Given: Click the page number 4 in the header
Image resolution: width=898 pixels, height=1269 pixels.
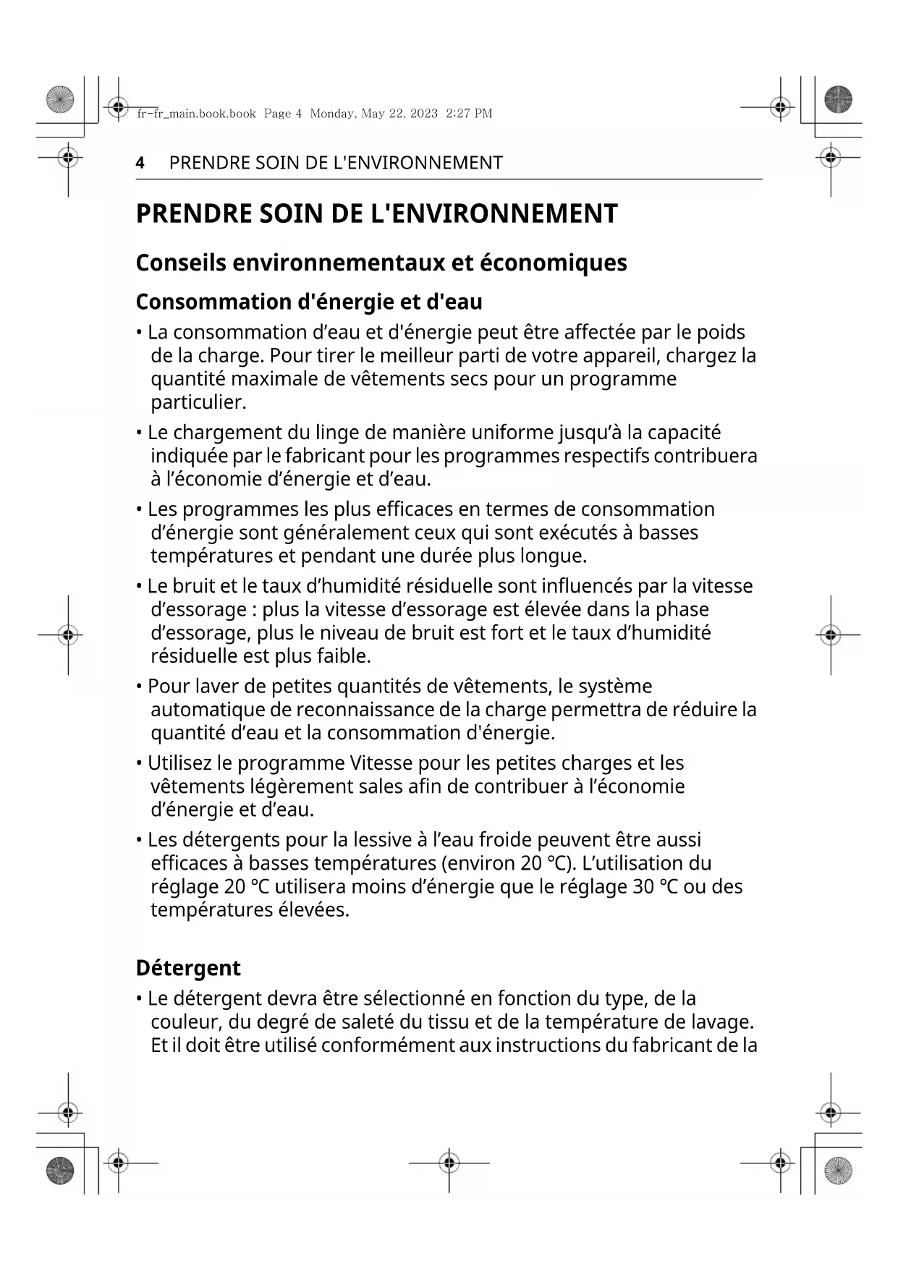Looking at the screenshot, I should (x=140, y=163).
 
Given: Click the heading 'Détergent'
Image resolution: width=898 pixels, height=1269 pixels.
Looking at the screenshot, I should (x=188, y=968).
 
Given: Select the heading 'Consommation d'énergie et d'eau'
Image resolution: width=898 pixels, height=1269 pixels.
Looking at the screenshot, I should (x=309, y=302).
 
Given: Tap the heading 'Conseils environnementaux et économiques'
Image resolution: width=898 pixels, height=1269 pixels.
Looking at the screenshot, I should (x=381, y=263).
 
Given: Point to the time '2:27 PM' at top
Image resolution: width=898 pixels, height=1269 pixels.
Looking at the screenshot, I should (x=469, y=114).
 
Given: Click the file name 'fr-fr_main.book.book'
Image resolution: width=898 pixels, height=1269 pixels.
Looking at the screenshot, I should (x=196, y=114).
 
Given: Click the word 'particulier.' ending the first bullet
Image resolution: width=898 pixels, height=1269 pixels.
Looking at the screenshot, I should (x=198, y=402).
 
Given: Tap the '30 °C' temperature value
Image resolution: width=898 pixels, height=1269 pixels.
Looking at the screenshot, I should (x=655, y=887).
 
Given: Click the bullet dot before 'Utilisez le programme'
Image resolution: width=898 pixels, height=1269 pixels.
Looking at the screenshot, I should (x=139, y=763).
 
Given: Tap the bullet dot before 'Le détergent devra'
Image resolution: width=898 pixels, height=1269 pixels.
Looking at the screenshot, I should (x=139, y=999).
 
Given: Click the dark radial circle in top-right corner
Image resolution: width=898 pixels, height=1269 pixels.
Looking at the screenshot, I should (x=838, y=99).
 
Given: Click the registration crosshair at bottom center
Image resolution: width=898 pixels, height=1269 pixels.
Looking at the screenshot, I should (x=449, y=1163).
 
